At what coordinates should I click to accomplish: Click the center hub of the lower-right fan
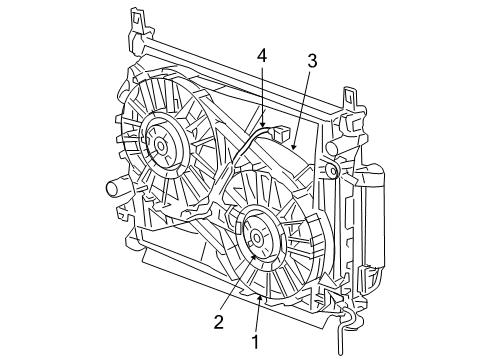[258, 237]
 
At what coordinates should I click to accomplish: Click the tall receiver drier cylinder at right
[372, 220]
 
